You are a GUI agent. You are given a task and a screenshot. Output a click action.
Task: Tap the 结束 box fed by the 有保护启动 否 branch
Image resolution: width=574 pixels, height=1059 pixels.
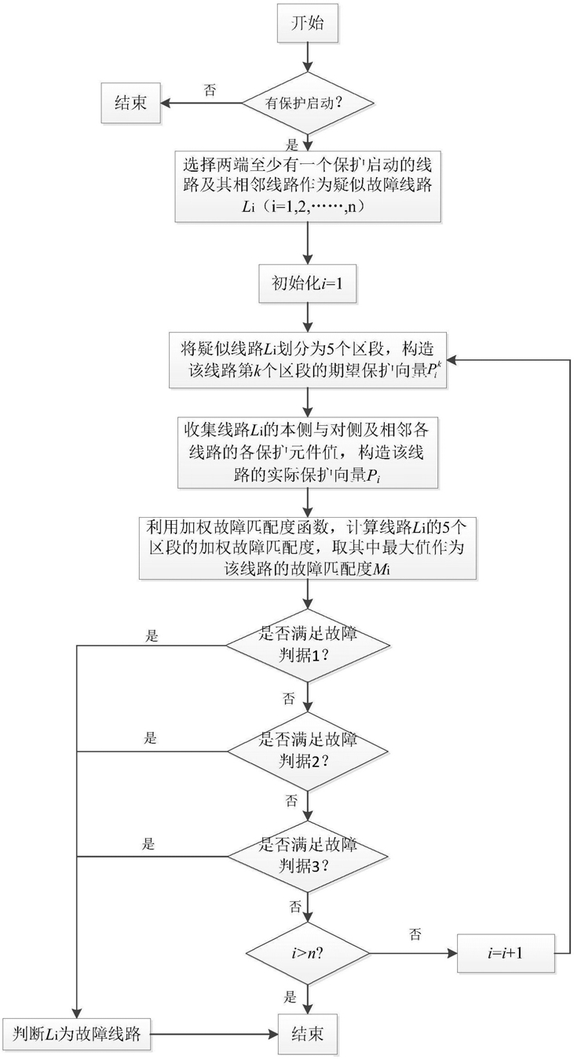[131, 103]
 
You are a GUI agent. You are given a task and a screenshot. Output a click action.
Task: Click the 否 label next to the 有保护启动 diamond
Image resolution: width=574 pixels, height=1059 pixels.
[210, 89]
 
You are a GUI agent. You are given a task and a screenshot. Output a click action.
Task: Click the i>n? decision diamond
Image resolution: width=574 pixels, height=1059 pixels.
[308, 952]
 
